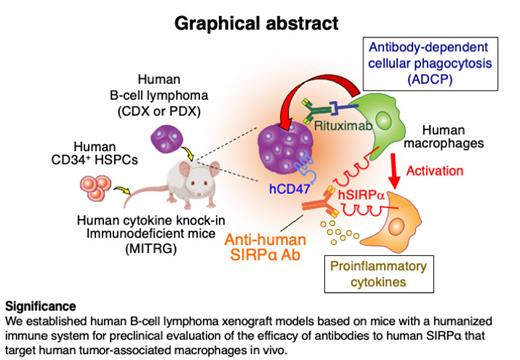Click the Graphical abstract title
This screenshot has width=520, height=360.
pyautogui.click(x=260, y=20)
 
